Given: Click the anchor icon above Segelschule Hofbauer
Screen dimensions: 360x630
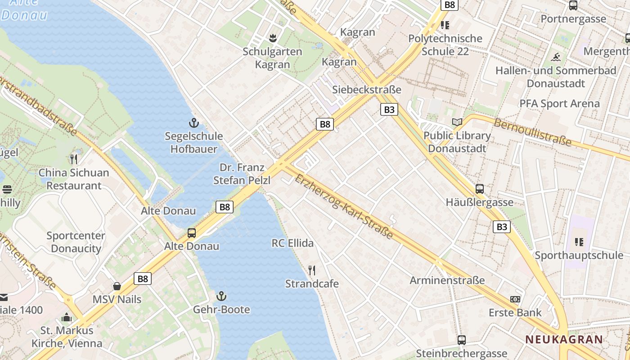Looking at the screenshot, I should point(193,122).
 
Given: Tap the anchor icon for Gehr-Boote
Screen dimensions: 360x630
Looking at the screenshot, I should point(221,296).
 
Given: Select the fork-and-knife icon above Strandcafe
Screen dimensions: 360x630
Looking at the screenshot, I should point(312,270).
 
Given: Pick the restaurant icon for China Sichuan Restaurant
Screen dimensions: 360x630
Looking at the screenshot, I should point(74,159).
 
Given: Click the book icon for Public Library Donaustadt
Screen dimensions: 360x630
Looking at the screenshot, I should point(457,122).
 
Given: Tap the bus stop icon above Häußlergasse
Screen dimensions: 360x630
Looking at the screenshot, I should point(480,189).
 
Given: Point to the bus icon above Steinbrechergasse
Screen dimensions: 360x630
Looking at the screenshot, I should point(461,340).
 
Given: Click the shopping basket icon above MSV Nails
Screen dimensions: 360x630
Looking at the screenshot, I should point(117,286).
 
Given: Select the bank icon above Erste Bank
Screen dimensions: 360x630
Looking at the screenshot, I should point(515,299).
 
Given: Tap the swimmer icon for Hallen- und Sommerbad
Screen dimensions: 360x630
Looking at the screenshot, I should point(556,58).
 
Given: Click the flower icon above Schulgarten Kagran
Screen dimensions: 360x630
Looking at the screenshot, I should point(272,38).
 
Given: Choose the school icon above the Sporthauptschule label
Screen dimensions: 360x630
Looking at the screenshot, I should point(579,242).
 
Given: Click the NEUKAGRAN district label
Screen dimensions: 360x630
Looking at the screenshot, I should point(564,340).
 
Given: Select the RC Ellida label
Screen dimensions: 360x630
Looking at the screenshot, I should point(292,243).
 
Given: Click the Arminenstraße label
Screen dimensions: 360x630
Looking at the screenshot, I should point(447,280).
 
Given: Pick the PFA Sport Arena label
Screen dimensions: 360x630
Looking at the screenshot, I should point(559,103).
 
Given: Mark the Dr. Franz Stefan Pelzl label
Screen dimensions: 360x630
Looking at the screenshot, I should point(242,174).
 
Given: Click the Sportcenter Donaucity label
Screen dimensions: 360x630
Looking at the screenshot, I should point(76,242).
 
